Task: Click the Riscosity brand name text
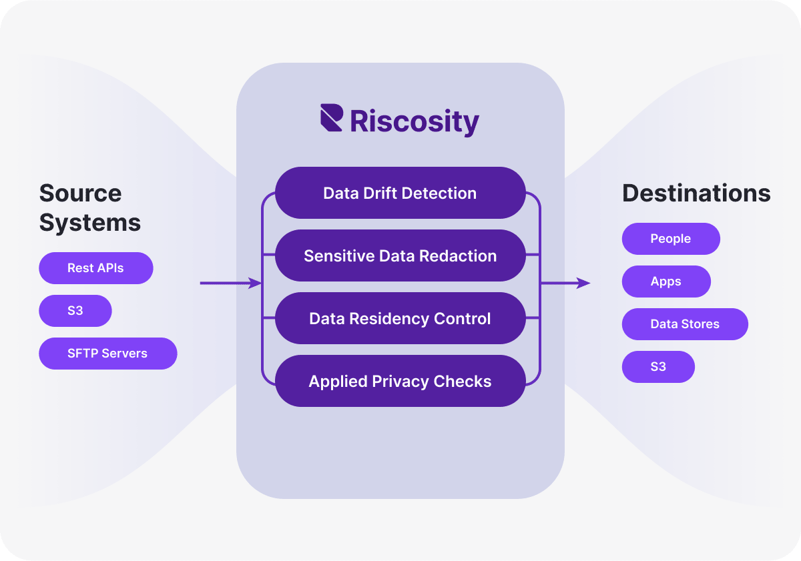tap(415, 121)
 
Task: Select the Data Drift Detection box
tap(400, 193)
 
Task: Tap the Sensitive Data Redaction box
tap(400, 255)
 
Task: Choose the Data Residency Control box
tap(400, 318)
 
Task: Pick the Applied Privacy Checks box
tap(400, 381)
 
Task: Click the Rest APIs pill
tap(96, 268)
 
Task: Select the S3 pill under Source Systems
tap(75, 311)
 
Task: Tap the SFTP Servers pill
tap(108, 354)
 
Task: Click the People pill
tap(671, 239)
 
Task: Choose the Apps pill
tap(666, 282)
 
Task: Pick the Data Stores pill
tap(685, 324)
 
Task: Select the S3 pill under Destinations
tap(658, 367)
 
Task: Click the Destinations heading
tap(696, 193)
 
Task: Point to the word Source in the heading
tap(80, 193)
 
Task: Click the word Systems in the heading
tap(90, 222)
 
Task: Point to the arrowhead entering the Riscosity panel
tap(255, 284)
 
